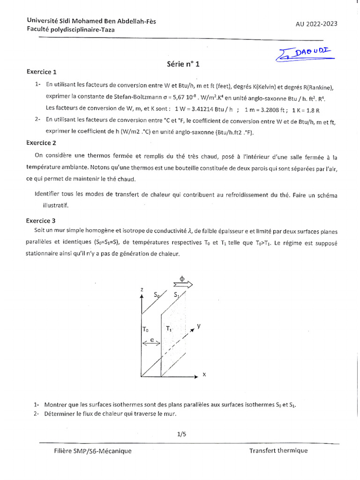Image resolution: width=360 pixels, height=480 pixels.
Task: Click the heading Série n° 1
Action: [x=183, y=65]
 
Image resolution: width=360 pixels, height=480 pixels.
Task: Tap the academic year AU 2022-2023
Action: [x=316, y=24]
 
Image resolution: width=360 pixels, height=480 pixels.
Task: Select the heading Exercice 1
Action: [x=41, y=72]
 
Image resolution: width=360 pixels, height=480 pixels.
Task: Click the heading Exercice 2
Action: [x=41, y=142]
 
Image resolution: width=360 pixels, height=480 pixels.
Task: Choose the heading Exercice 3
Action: [x=41, y=220]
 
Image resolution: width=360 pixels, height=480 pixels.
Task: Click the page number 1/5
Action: [x=182, y=434]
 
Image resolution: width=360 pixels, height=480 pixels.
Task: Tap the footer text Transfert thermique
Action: [x=278, y=451]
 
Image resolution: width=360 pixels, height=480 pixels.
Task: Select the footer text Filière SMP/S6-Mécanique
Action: [x=93, y=451]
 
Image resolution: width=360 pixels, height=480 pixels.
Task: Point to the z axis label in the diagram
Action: [x=141, y=290]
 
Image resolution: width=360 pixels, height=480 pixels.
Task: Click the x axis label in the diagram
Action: [x=204, y=375]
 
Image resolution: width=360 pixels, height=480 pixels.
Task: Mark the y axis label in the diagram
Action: [x=198, y=326]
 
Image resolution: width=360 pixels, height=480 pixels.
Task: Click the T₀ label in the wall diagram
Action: [x=145, y=330]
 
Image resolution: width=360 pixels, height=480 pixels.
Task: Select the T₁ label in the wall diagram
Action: [x=169, y=330]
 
